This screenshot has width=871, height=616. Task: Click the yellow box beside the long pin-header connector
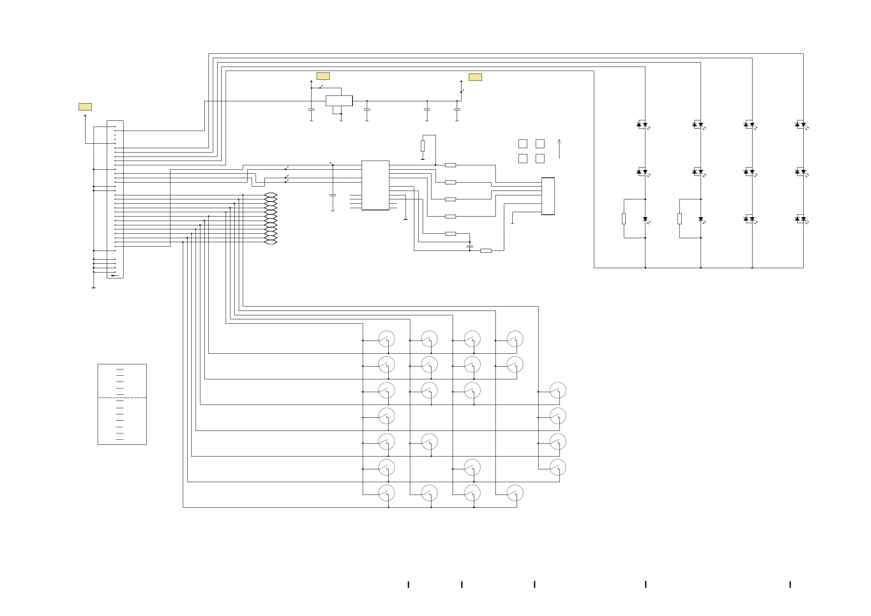(85, 107)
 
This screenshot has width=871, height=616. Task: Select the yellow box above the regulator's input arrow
(323, 76)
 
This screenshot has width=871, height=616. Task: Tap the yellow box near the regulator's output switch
(475, 77)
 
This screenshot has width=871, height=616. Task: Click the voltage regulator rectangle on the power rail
(339, 101)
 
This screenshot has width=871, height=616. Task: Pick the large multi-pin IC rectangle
(375, 185)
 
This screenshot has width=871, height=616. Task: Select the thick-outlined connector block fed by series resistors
(548, 196)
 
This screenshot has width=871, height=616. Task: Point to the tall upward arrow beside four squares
(559, 149)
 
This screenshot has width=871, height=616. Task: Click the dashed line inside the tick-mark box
(122, 397)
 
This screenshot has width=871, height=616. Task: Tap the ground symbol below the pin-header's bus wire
(93, 288)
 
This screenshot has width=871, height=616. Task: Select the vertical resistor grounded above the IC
(423, 146)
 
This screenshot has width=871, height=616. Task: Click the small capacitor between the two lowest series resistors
(470, 246)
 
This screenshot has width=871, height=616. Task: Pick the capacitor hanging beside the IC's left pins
(333, 195)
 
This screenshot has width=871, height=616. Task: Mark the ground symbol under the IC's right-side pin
(405, 219)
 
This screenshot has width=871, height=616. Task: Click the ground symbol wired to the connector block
(512, 223)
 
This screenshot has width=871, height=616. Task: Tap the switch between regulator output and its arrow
(462, 91)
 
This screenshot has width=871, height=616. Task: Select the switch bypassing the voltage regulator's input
(321, 87)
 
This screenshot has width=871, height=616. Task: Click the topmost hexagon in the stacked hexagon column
(271, 195)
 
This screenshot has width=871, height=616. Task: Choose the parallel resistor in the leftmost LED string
(624, 219)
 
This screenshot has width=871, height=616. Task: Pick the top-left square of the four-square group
(523, 143)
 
